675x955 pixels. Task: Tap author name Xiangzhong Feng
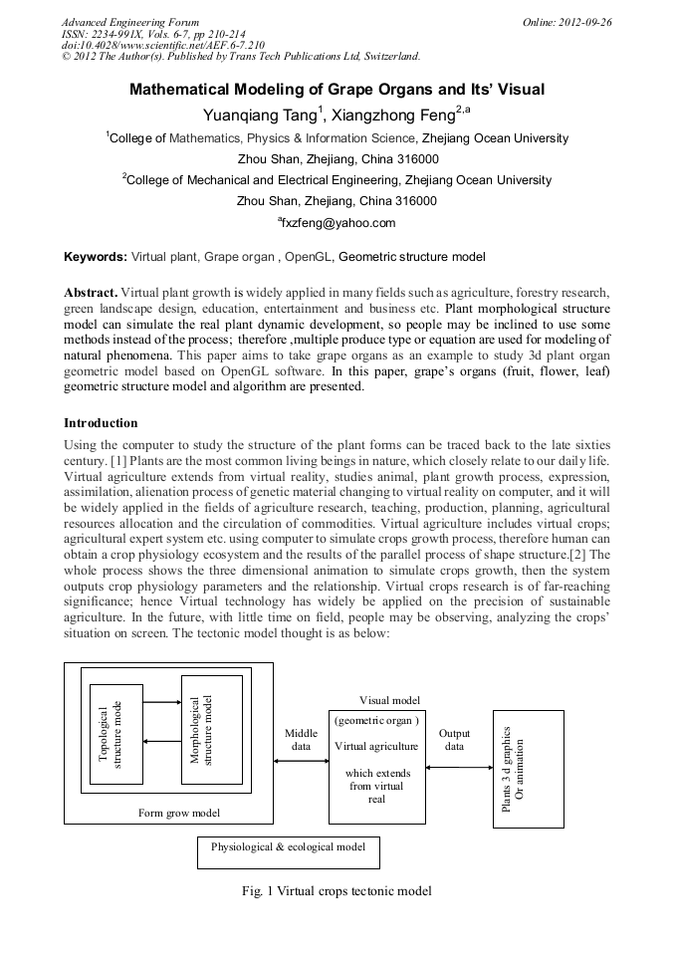[397, 116]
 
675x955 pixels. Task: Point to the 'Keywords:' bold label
[96, 257]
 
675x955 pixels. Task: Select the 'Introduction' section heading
[101, 423]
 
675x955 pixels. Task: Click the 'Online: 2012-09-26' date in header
[565, 22]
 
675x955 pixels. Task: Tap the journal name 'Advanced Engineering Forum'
[130, 22]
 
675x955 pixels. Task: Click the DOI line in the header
[163, 45]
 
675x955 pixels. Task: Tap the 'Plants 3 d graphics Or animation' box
[528, 768]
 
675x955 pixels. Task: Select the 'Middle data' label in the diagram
[301, 740]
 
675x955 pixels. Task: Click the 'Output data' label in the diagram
[454, 740]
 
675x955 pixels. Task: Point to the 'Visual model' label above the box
[389, 701]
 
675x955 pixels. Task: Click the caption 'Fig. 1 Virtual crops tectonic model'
[337, 891]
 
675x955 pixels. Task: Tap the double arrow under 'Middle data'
[301, 762]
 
